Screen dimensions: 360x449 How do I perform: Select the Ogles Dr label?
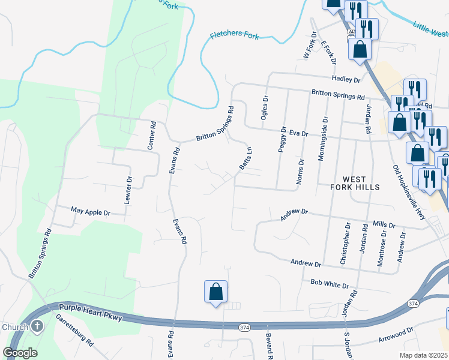pos(264,108)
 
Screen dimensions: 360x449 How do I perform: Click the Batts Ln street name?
pos(245,158)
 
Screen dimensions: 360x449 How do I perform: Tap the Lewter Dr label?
pos(127,190)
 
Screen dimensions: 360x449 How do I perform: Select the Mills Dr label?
pos(384,224)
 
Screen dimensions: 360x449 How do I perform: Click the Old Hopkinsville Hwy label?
pos(409,192)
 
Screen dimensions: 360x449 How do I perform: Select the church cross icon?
pos(37,326)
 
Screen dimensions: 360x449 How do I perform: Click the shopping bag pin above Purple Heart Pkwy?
pos(216,292)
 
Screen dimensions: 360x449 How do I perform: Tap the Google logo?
pos(20,353)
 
